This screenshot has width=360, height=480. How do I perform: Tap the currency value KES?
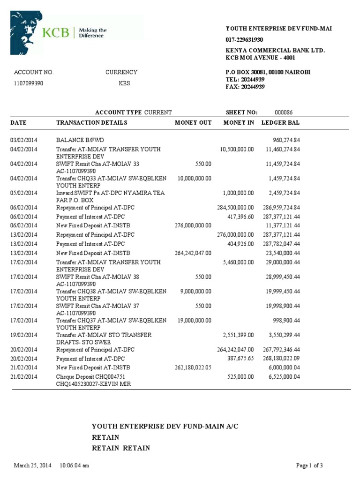(x=124, y=83)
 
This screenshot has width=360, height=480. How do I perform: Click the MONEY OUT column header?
(x=193, y=123)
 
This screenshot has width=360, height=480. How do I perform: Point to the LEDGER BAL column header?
(x=280, y=123)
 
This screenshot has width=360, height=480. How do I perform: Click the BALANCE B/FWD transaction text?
(x=77, y=140)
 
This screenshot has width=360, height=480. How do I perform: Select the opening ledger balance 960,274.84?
(x=286, y=140)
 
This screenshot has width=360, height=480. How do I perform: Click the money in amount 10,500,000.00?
(x=237, y=149)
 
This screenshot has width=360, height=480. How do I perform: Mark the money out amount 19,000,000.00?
(x=195, y=320)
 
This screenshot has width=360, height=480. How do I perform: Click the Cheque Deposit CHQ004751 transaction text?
(x=92, y=376)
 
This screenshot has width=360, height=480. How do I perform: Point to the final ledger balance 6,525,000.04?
(x=282, y=376)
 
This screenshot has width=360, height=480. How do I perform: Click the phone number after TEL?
(x=252, y=80)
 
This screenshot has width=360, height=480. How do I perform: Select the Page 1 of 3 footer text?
(x=309, y=465)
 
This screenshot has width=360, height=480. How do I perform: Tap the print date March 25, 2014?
(x=33, y=465)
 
